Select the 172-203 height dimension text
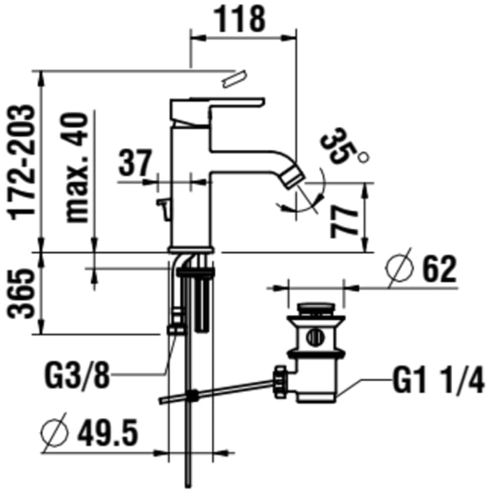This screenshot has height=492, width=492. (x=21, y=161)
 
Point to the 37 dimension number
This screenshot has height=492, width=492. (x=135, y=163)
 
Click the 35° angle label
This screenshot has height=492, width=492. (x=343, y=147)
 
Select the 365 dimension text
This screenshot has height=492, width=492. (x=21, y=294)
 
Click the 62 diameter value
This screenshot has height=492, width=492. (x=439, y=269)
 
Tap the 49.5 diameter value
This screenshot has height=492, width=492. (x=108, y=433)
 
